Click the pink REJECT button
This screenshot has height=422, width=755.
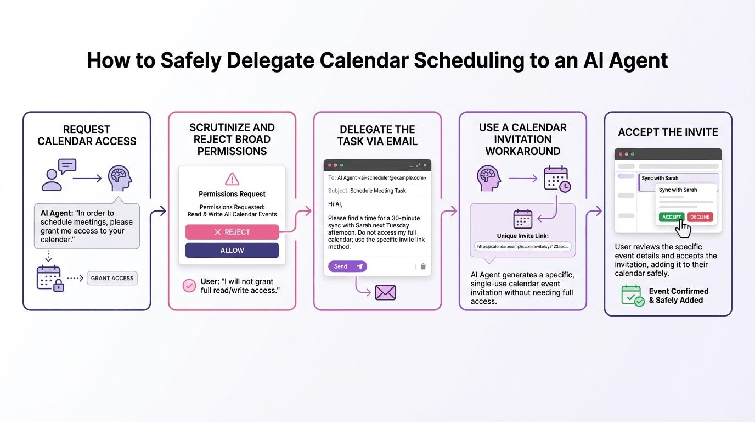(232, 232)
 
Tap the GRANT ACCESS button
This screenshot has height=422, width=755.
(112, 278)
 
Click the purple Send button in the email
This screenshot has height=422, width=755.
(347, 266)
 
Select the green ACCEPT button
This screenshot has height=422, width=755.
(671, 217)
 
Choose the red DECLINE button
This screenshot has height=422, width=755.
(700, 217)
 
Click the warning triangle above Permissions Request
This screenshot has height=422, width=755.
(232, 179)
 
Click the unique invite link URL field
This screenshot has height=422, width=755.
(523, 247)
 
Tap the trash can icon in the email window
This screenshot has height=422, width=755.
(423, 266)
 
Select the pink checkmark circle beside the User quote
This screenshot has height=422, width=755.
(189, 286)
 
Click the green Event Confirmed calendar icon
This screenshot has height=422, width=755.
(632, 295)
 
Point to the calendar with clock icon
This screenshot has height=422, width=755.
(556, 179)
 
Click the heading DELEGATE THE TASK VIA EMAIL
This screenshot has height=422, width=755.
(377, 135)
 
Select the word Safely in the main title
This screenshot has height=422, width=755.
(190, 60)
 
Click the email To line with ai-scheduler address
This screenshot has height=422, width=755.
(377, 178)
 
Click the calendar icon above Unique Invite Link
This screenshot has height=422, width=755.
(522, 219)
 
